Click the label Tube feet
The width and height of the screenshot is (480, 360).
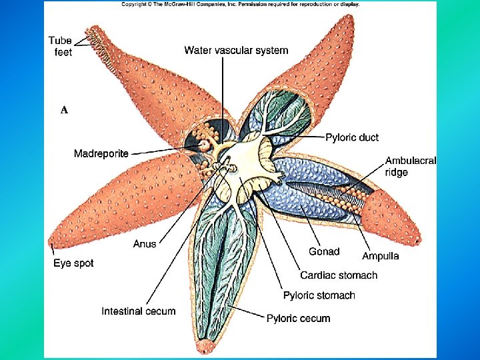coord(63,46)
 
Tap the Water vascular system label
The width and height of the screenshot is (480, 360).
coord(236,50)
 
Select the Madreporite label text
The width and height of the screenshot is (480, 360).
coord(101,154)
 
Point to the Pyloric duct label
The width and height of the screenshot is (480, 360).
coord(351,137)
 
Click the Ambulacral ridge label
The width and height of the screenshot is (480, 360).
coord(410,166)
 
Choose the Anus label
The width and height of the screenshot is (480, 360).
coord(145,243)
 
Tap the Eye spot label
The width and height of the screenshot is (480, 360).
coord(73,263)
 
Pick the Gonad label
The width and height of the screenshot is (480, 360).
coord(324,251)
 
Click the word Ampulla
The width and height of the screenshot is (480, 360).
coord(380,256)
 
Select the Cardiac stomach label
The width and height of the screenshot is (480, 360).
coord(339,275)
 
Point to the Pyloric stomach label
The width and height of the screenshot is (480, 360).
coord(319,295)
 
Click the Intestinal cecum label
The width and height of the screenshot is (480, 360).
coord(139,311)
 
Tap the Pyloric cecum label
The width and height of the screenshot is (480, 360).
coord(298,319)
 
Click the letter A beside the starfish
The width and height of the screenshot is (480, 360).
coord(64,110)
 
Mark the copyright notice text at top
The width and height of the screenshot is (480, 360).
coord(240,4)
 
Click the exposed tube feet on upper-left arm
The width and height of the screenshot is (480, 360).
coord(102,47)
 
